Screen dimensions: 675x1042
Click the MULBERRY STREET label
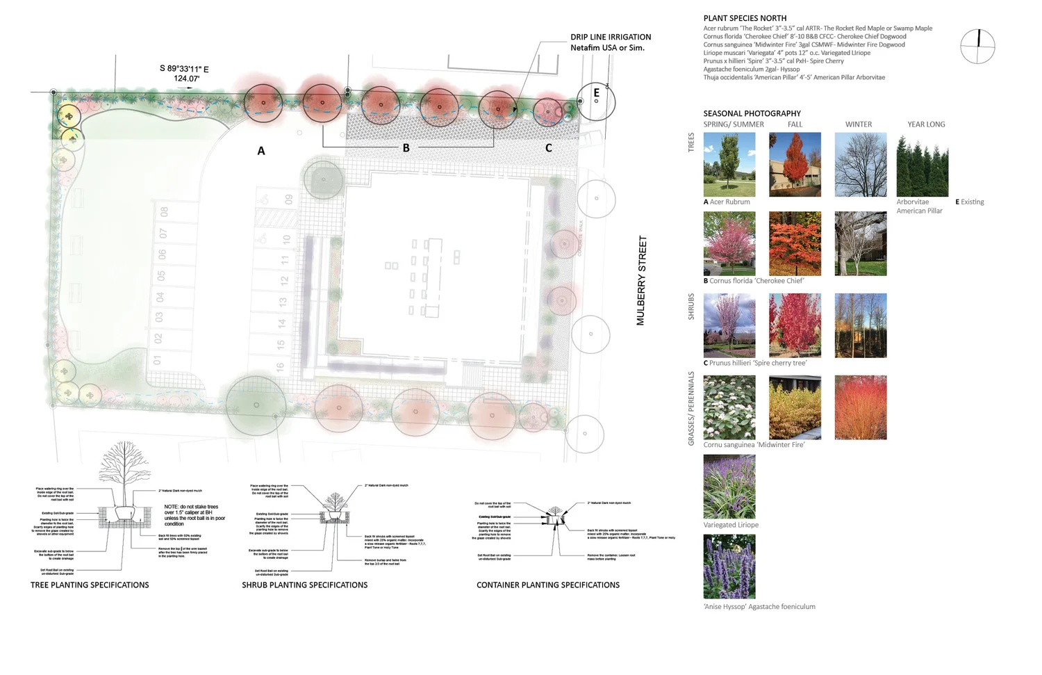pyautogui.click(x=641, y=280)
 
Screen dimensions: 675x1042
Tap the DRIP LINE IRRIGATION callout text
pyautogui.click(x=611, y=38)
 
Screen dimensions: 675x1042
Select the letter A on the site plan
pyautogui.click(x=261, y=151)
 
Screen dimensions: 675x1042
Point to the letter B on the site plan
pyautogui.click(x=406, y=148)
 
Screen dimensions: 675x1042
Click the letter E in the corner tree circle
pyautogui.click(x=596, y=93)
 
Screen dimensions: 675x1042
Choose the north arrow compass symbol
pyautogui.click(x=977, y=47)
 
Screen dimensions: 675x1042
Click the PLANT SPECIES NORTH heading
pyautogui.click(x=745, y=19)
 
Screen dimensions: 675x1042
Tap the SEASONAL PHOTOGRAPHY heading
pyautogui.click(x=752, y=113)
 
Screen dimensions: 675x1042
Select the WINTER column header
pyautogui.click(x=858, y=124)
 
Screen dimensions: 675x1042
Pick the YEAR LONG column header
pyautogui.click(x=926, y=124)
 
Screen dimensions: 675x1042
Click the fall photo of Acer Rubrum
pyautogui.click(x=795, y=165)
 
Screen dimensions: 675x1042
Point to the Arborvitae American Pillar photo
pyautogui.click(x=922, y=165)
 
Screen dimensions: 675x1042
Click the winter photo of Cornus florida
pyautogui.click(x=860, y=244)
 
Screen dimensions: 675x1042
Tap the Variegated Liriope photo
pyautogui.click(x=729, y=487)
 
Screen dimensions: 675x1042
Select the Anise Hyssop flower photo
pyautogui.click(x=729, y=567)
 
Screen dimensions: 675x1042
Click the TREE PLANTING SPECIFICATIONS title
pyautogui.click(x=90, y=585)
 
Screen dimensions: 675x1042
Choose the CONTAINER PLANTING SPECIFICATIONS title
pyautogui.click(x=548, y=585)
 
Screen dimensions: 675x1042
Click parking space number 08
pyautogui.click(x=164, y=211)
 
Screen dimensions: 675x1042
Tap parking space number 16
pyautogui.click(x=280, y=367)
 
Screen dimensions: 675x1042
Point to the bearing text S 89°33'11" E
pyautogui.click(x=184, y=69)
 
